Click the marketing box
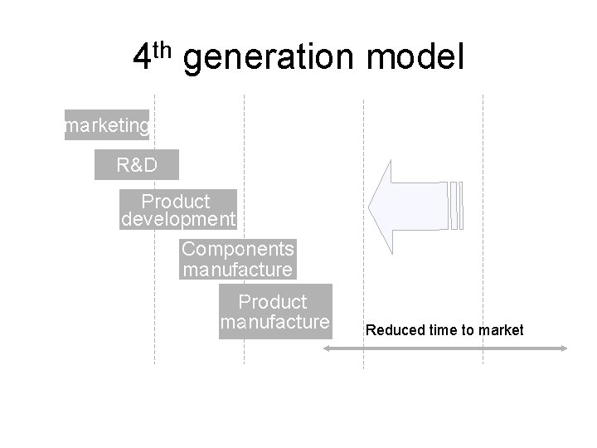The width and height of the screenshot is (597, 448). point(107,125)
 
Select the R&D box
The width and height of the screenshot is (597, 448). point(137,165)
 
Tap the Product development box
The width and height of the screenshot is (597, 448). point(178,211)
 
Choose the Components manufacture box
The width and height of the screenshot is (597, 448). point(238,259)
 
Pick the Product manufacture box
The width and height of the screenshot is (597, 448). point(275,311)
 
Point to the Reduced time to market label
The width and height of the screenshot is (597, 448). point(444,330)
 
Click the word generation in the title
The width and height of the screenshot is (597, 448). point(268,60)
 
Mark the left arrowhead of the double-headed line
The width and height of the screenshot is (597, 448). point(327,349)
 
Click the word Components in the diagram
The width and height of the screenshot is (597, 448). point(238,249)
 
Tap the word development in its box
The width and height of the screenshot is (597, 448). point(178,220)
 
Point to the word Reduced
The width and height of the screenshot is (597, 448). point(392,330)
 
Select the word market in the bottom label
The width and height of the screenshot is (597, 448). point(502,330)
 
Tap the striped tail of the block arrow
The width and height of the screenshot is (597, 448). point(456,204)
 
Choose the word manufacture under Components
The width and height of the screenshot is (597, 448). point(238,270)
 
